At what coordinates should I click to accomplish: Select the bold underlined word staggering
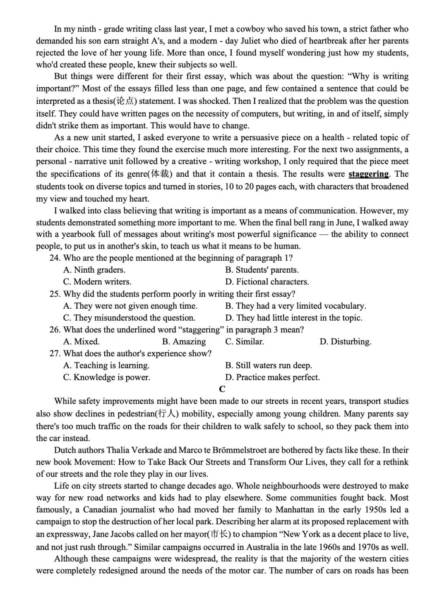[x=368, y=174]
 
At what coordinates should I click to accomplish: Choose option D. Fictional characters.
[x=267, y=282]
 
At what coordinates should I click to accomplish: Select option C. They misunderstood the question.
[x=129, y=318]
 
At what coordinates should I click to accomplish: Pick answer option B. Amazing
[x=184, y=342]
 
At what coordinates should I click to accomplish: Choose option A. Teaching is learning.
[x=106, y=365]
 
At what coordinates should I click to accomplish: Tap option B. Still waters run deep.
[x=268, y=365]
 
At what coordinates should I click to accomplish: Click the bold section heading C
[x=222, y=389]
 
